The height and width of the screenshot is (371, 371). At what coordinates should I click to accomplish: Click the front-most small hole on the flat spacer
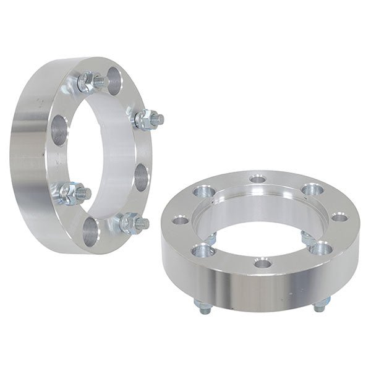263,263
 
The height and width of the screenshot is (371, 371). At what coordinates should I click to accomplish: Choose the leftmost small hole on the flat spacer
181,220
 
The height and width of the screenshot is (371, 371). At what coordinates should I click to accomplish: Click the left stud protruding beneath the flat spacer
202,303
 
